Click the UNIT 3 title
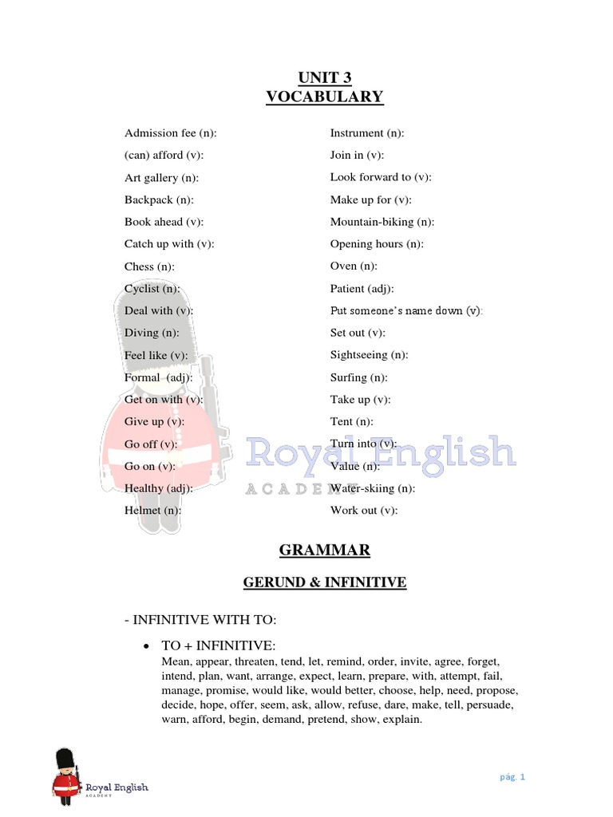pyautogui.click(x=324, y=77)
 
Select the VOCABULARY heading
pyautogui.click(x=324, y=97)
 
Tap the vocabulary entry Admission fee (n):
pyautogui.click(x=171, y=133)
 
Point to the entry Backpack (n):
pyautogui.click(x=159, y=199)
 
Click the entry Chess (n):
pyautogui.click(x=149, y=266)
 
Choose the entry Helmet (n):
pyautogui.click(x=152, y=510)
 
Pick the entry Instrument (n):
pyautogui.click(x=367, y=133)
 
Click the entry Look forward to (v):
pyautogui.click(x=381, y=177)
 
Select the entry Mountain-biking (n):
pyautogui.click(x=382, y=222)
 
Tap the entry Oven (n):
pyautogui.click(x=354, y=266)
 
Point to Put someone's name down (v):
pyautogui.click(x=406, y=310)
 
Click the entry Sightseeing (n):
pyautogui.click(x=370, y=355)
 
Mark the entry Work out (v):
pyautogui.click(x=364, y=510)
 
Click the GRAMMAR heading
pyautogui.click(x=324, y=551)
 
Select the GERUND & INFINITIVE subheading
pyautogui.click(x=324, y=583)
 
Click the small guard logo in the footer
pyautogui.click(x=65, y=775)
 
